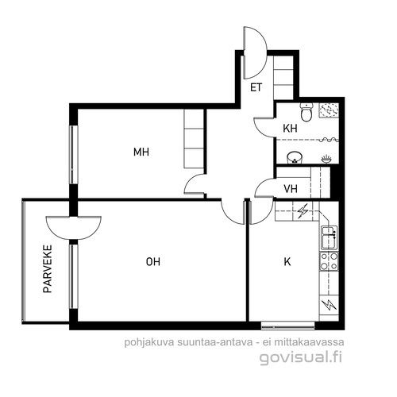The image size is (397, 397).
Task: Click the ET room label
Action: click(x=256, y=87)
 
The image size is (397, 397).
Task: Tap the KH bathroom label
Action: click(x=290, y=129)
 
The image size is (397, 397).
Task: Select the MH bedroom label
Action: click(x=141, y=152)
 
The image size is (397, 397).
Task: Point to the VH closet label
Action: click(x=291, y=189)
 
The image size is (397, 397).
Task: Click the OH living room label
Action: click(x=153, y=262)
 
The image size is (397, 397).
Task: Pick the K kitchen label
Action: click(x=287, y=262)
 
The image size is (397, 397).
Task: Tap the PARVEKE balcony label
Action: click(x=48, y=269)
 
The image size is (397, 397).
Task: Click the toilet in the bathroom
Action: click(x=306, y=112)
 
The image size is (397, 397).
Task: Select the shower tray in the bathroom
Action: click(x=329, y=110)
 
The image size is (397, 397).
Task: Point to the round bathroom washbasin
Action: click(x=295, y=157)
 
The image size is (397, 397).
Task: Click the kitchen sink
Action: click(x=330, y=237)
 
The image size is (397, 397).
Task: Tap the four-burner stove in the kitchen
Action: click(x=329, y=261)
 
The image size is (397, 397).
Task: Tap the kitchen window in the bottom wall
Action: click(x=287, y=326)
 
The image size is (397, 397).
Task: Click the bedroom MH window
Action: click(x=74, y=155)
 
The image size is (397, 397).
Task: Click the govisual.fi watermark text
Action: click(x=301, y=357)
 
